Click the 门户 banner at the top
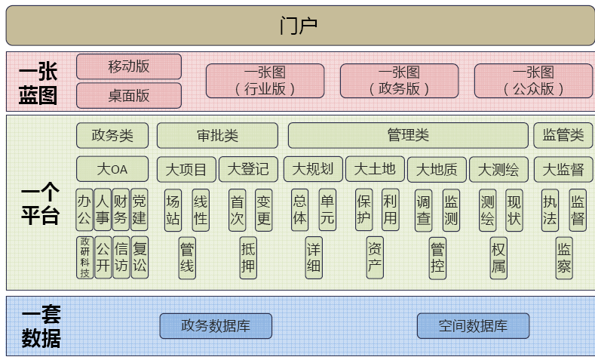point(297,25)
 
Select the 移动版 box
point(129,66)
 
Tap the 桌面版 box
point(129,95)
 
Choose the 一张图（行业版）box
point(265,81)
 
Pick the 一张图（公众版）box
point(533,81)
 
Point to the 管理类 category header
point(408,136)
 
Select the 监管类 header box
point(563,136)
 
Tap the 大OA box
point(112,169)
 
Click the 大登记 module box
point(248,169)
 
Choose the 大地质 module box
point(437,169)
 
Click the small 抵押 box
point(248,257)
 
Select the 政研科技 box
point(84,257)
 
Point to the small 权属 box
point(498,257)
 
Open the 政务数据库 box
point(216,326)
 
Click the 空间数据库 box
point(473,326)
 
